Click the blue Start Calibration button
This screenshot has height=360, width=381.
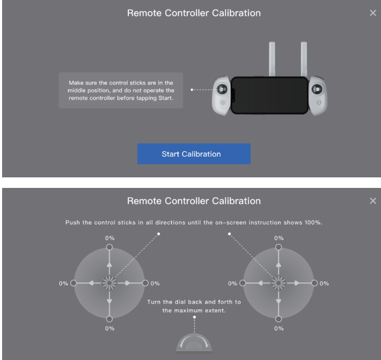click(193, 154)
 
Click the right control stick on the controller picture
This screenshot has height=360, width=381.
click(318, 89)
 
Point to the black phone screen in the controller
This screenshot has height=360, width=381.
click(270, 96)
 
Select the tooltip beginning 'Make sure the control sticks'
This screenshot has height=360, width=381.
click(121, 90)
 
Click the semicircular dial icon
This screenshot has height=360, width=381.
click(194, 342)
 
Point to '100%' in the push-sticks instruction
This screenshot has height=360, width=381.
click(312, 223)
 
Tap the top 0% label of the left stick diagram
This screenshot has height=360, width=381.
click(109, 238)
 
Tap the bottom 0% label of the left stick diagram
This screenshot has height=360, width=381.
click(109, 328)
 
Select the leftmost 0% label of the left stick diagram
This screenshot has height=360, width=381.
click(63, 283)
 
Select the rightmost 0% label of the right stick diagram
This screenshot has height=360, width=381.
click(324, 283)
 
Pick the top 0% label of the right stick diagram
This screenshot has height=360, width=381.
click(278, 238)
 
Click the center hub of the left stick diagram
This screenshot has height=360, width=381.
click(109, 283)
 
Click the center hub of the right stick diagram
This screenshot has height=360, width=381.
click(278, 283)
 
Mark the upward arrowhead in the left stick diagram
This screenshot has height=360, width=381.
click(109, 263)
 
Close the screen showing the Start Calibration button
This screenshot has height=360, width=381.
click(373, 13)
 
